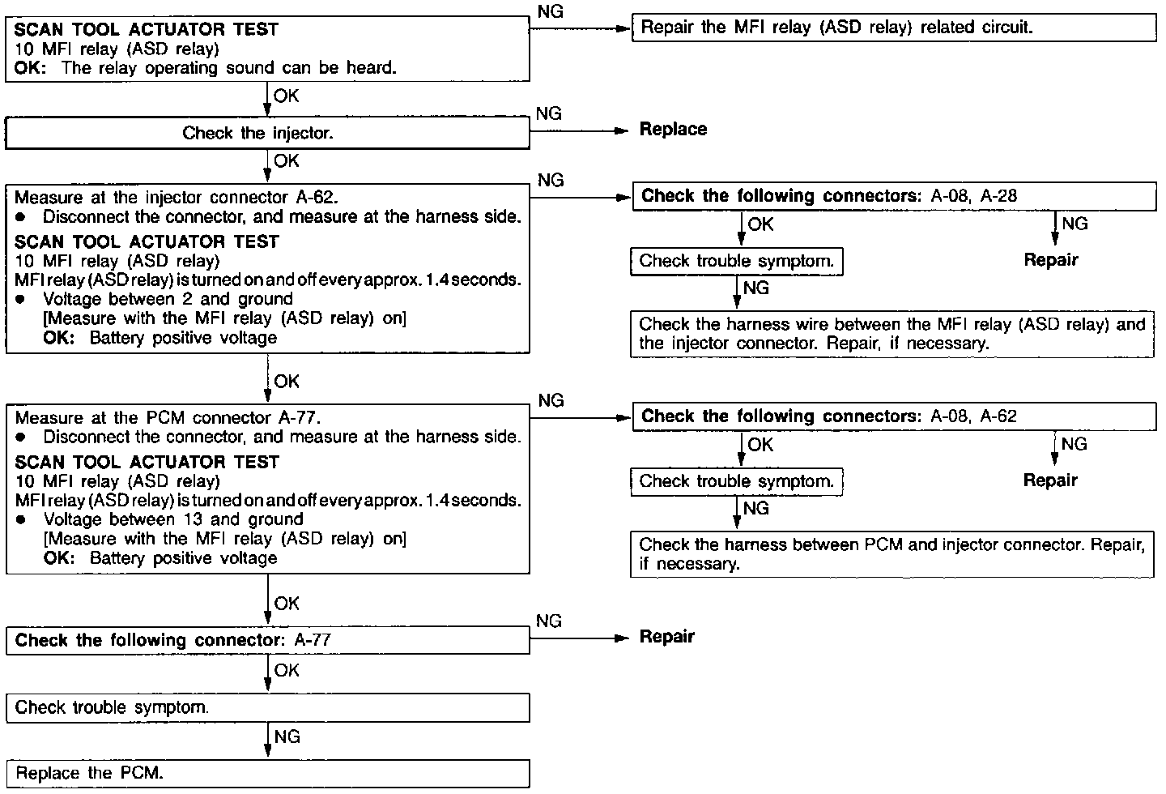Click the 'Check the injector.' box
(267, 134)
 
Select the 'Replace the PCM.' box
(267, 773)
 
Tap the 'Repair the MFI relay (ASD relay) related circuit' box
(894, 28)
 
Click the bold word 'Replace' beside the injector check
(673, 130)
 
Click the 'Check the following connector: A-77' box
(267, 640)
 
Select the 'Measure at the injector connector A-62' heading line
(177, 198)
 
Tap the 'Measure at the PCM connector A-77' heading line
(168, 418)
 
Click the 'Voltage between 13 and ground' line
(173, 519)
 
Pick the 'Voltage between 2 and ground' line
(168, 299)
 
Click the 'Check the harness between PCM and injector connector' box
(892, 554)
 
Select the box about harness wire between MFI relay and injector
(892, 334)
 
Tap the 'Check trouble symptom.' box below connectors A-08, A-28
(736, 261)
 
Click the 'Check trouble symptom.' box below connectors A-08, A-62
(736, 481)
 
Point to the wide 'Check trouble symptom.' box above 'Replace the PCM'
(267, 707)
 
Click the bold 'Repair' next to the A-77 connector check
(667, 637)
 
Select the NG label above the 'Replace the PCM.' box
(287, 736)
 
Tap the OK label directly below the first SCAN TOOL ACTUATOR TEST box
(286, 96)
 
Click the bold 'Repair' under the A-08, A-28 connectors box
(1051, 260)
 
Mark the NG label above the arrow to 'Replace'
(548, 114)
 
